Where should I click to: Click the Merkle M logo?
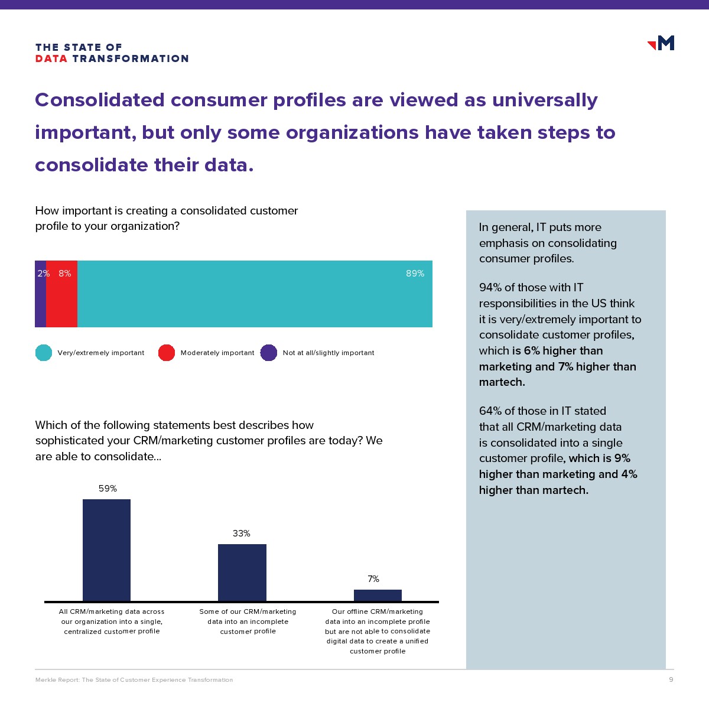click(661, 43)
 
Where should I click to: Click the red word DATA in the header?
click(51, 59)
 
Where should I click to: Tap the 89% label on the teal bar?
click(415, 274)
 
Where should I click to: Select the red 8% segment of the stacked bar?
click(62, 294)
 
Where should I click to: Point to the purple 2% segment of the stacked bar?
click(41, 294)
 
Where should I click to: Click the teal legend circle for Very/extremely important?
click(43, 353)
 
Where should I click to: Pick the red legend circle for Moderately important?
click(166, 353)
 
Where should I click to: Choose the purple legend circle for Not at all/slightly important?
click(269, 353)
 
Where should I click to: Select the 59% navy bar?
click(106, 551)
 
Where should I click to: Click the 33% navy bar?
click(242, 573)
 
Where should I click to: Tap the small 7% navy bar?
click(378, 596)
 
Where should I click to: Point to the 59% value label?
click(108, 489)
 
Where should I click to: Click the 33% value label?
click(242, 534)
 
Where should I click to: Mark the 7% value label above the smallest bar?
click(373, 579)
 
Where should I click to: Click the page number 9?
click(671, 679)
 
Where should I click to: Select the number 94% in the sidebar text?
click(490, 287)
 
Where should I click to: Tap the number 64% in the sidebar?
click(490, 411)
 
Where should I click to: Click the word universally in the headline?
click(545, 100)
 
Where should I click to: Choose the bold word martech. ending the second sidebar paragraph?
click(502, 382)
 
